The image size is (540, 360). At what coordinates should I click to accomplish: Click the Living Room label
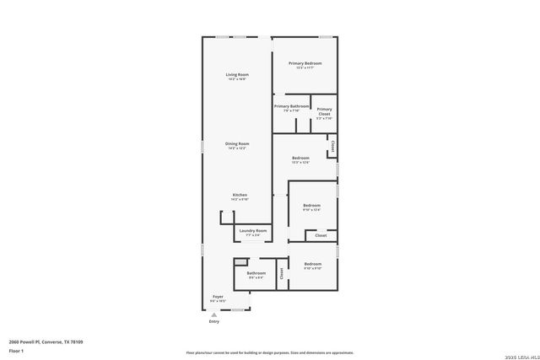click(236, 75)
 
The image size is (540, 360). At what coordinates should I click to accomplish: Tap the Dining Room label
click(236, 144)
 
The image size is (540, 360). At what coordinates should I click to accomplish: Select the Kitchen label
click(240, 196)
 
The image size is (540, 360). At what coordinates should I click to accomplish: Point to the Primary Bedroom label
click(305, 63)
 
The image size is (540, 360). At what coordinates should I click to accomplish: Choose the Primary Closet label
click(324, 111)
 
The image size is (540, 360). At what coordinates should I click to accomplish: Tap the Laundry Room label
click(253, 231)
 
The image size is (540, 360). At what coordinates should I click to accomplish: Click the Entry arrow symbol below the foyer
click(213, 314)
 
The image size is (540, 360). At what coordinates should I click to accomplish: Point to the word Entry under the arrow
click(213, 321)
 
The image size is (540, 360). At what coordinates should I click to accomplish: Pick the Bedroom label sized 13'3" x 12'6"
click(300, 159)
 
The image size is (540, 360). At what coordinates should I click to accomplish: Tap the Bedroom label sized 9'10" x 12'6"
click(311, 206)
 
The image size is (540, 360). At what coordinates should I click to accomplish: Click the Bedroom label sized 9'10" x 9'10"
click(312, 265)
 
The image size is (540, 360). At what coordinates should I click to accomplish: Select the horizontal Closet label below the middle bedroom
click(321, 235)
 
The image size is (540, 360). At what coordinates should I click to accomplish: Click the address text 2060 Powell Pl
click(46, 341)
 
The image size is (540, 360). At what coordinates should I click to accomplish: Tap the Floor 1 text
click(16, 350)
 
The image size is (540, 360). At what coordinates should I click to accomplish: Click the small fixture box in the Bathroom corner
click(240, 263)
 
